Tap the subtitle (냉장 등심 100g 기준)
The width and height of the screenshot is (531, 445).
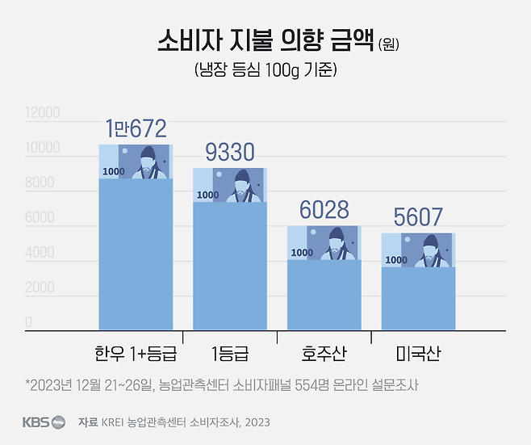click(x=265, y=70)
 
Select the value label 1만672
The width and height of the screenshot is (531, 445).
click(x=136, y=128)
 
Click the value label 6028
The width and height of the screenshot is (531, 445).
click(x=324, y=209)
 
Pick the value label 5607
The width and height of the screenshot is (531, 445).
click(x=418, y=217)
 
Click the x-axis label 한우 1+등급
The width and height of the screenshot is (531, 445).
click(x=136, y=354)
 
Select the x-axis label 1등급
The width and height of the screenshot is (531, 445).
click(x=230, y=354)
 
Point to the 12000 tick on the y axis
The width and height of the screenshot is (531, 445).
click(x=42, y=113)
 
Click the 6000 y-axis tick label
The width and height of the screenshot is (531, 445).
click(x=40, y=218)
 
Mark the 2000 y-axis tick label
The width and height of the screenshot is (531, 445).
click(x=40, y=288)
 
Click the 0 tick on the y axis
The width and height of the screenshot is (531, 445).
click(x=28, y=323)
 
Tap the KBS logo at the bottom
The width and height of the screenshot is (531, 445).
click(x=44, y=422)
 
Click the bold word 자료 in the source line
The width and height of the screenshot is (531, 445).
click(x=88, y=422)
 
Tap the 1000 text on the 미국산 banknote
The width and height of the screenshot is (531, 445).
click(x=396, y=260)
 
